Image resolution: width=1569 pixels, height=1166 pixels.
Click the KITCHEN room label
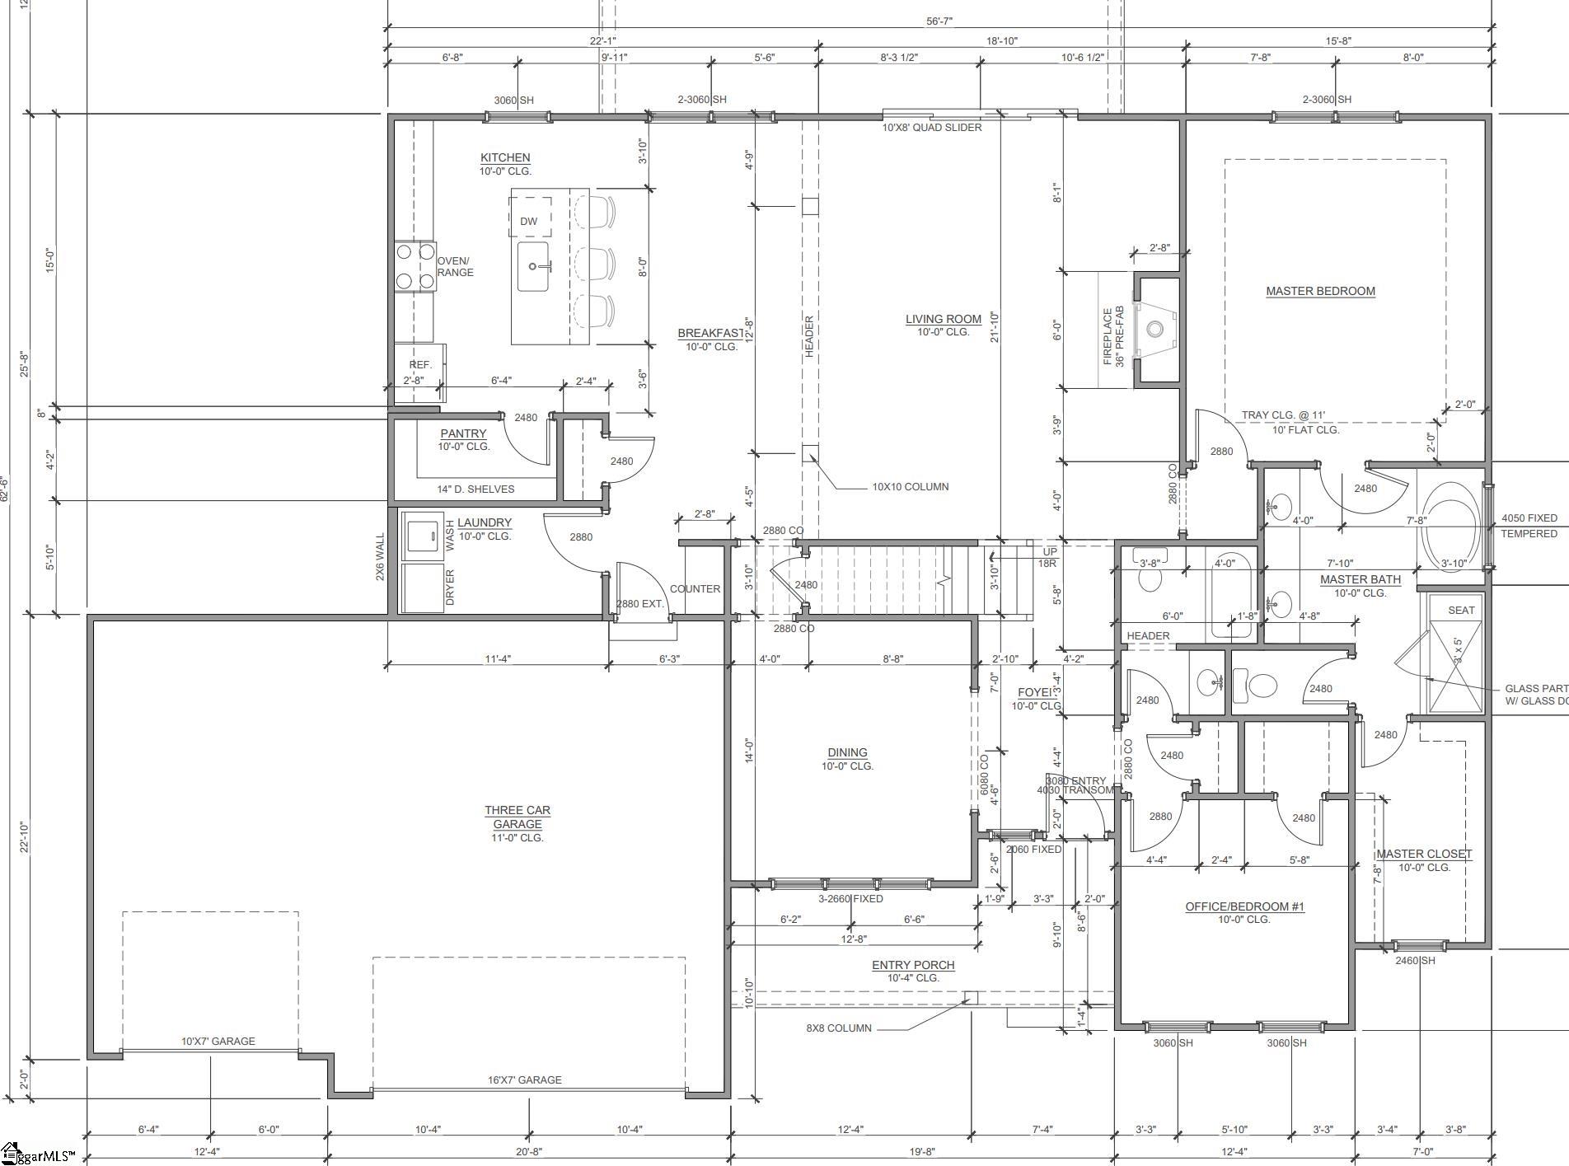coord(505,157)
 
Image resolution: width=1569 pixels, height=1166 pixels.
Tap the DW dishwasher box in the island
coord(529,221)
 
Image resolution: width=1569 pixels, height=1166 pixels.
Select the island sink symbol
coord(534,266)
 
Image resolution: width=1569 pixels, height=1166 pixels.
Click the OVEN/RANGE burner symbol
coord(414,266)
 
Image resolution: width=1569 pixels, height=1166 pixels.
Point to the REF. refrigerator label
coord(420,364)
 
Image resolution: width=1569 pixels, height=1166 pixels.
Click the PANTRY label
coord(463,433)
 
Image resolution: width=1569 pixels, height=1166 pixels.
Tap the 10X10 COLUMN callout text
coord(910,487)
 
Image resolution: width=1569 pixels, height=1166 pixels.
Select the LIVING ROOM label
coord(944,319)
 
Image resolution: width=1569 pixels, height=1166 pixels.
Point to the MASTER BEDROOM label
coord(1320,291)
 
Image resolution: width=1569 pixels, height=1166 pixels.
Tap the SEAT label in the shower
coord(1461,611)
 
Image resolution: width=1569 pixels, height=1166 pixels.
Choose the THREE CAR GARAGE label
coord(518,817)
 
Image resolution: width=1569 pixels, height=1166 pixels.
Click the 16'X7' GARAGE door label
coord(524,1079)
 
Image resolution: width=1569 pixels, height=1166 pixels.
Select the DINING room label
coord(847,752)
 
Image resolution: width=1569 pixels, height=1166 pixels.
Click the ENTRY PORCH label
coord(913,965)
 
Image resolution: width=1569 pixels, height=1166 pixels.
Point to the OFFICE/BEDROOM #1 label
coord(1244,906)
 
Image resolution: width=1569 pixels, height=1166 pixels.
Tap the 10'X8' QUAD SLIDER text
coord(932,128)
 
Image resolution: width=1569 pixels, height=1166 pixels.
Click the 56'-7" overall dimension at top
coord(939,21)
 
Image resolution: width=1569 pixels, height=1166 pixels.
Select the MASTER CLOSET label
coord(1424,855)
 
